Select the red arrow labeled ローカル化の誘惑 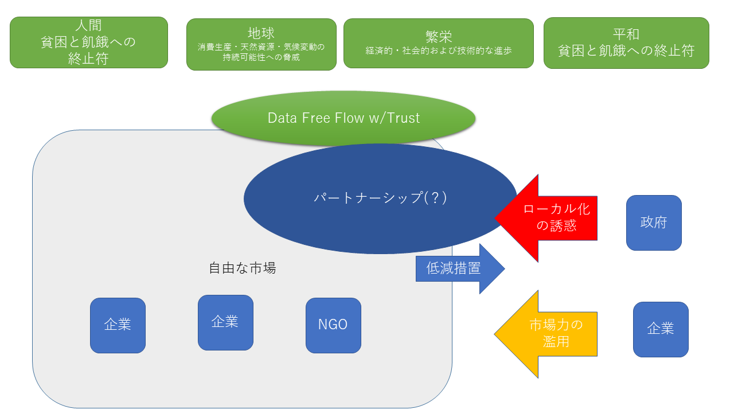(x=550, y=217)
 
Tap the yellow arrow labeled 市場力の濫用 (x=550, y=333)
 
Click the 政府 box (x=654, y=223)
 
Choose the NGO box (x=333, y=325)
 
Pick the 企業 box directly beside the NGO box (x=225, y=322)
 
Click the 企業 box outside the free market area (x=661, y=329)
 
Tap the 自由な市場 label (x=242, y=268)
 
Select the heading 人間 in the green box (x=88, y=26)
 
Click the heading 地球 (x=261, y=33)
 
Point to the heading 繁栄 (x=439, y=37)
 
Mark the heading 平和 (x=626, y=34)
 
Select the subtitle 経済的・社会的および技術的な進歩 (x=439, y=50)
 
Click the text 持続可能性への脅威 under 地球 (x=261, y=57)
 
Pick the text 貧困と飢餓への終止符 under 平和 (x=626, y=50)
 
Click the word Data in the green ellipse (x=282, y=118)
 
